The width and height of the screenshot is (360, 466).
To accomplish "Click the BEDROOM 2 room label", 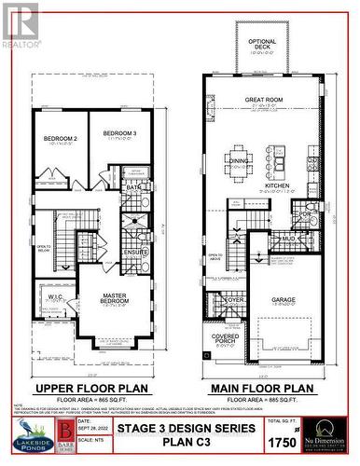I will (59, 141).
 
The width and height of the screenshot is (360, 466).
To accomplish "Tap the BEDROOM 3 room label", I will (119, 134).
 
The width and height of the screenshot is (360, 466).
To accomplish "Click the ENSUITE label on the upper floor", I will (136, 252).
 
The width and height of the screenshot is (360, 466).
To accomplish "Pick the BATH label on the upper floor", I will (133, 187).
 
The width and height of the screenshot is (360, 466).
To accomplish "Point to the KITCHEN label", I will (277, 185).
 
